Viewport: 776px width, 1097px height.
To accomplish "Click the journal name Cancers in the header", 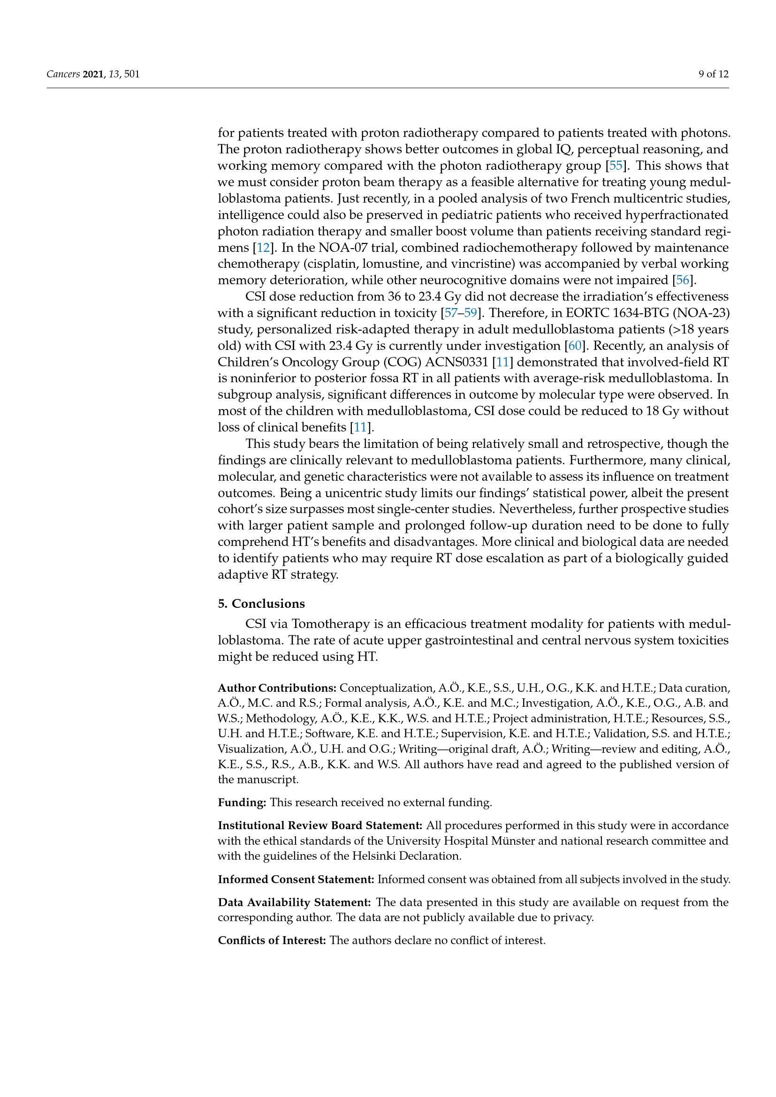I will (63, 74).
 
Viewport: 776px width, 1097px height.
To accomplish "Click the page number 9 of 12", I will (714, 74).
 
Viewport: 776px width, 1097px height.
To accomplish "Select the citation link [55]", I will (616, 166).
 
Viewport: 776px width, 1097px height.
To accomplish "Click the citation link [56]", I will (682, 280).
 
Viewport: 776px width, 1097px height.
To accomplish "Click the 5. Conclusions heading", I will (261, 604).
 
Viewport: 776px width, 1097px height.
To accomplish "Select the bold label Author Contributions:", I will (277, 688).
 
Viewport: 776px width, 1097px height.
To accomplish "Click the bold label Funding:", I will (242, 802).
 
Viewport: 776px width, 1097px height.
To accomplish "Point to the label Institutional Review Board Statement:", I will (320, 825).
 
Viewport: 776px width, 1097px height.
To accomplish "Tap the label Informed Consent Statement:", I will (296, 879).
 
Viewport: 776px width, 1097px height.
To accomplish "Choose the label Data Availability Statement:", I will (294, 902).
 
